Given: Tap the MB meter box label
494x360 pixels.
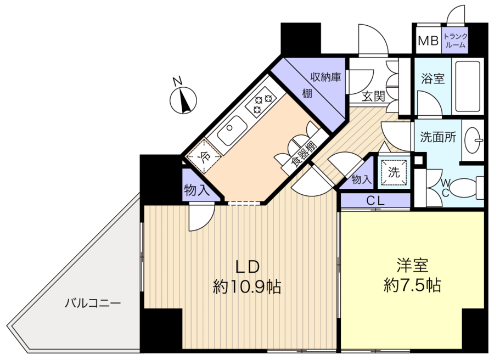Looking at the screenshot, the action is tap(428, 41).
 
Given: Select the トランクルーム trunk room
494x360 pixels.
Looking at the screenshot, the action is tap(454, 41).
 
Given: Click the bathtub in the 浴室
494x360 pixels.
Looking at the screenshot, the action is tap(468, 86).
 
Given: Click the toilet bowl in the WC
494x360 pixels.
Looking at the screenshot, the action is tap(463, 188).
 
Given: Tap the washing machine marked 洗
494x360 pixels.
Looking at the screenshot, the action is tap(394, 172).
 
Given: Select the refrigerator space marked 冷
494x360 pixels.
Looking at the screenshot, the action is tap(204, 156).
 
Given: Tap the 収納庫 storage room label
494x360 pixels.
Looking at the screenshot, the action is tap(325, 77).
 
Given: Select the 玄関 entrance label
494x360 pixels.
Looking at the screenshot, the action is tap(373, 97).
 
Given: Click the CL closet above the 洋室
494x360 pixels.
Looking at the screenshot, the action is tap(375, 201).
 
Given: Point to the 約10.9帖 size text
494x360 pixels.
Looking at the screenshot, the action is tap(247, 287).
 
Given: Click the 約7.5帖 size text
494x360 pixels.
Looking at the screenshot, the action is tap(412, 285).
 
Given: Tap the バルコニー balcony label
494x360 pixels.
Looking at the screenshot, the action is tap(93, 303).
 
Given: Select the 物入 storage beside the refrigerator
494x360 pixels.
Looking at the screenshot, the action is tap(197, 190).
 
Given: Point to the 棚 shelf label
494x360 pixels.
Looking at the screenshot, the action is tap(307, 93).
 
